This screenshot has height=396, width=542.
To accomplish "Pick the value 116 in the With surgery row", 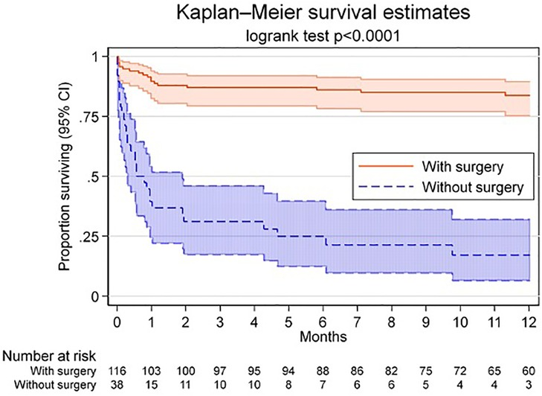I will pyautogui.click(x=117, y=370).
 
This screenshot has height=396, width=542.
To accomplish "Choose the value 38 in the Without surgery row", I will pyautogui.click(x=117, y=384).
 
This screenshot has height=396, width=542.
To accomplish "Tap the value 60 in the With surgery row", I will pyautogui.click(x=529, y=370).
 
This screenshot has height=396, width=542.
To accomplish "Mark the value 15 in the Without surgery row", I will pyautogui.click(x=151, y=384).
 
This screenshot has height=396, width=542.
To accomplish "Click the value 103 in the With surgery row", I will pyautogui.click(x=151, y=370).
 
